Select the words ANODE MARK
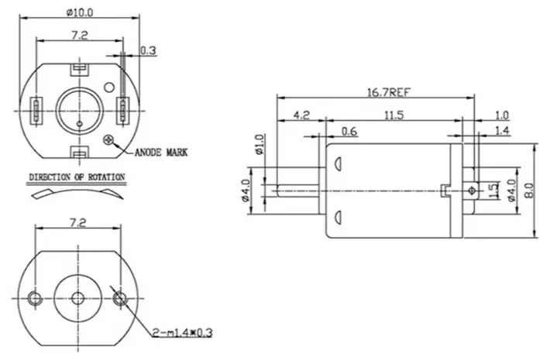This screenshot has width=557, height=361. click(160, 152)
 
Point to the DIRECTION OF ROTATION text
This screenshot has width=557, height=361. click(76, 177)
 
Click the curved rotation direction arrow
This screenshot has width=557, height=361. click(76, 193)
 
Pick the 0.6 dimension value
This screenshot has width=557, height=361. click(349, 132)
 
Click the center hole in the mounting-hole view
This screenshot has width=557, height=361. click(78, 298)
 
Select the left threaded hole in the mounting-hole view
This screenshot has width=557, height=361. click(35, 298)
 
